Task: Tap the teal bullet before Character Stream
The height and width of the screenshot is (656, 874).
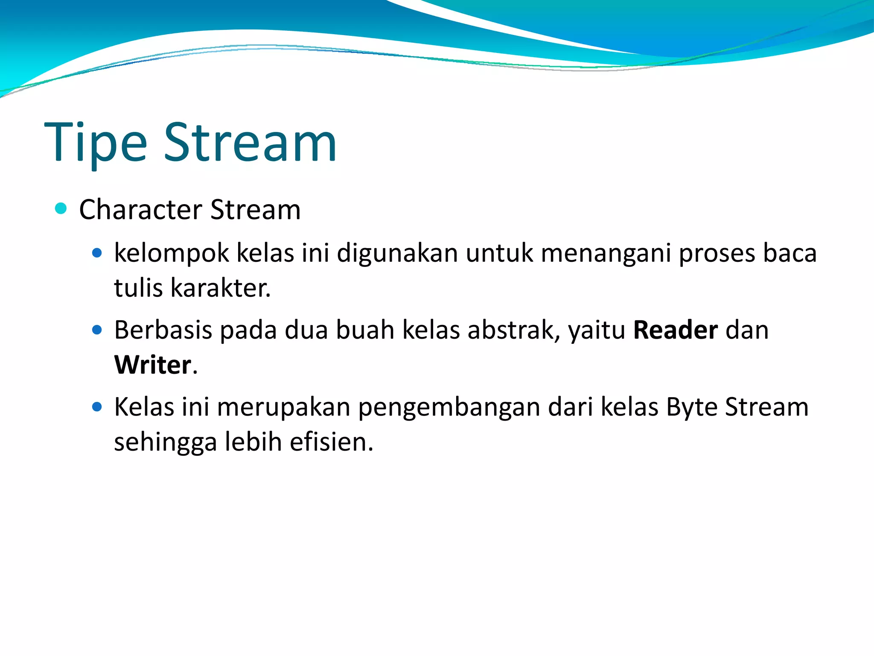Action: click(61, 208)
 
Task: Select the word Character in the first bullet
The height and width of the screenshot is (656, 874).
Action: click(140, 210)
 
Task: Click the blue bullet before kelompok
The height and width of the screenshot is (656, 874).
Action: click(97, 253)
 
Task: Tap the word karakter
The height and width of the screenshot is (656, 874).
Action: click(220, 288)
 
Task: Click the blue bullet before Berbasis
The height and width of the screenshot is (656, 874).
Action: click(97, 330)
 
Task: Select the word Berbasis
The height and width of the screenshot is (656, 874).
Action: click(163, 330)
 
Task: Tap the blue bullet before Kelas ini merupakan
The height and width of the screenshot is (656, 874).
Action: click(97, 407)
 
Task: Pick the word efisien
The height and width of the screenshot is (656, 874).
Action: click(331, 442)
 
